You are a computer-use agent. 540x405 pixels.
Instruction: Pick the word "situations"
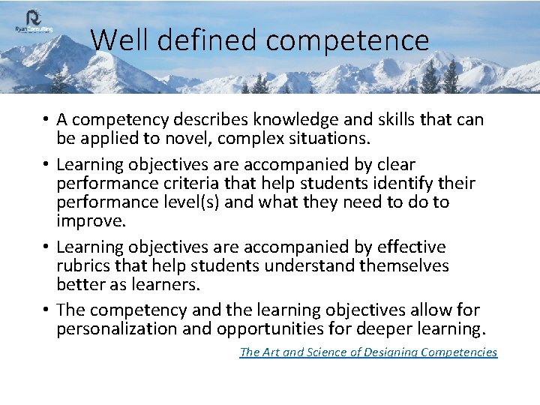pos(321,138)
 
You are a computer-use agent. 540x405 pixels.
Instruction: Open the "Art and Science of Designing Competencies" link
pos(368,352)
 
